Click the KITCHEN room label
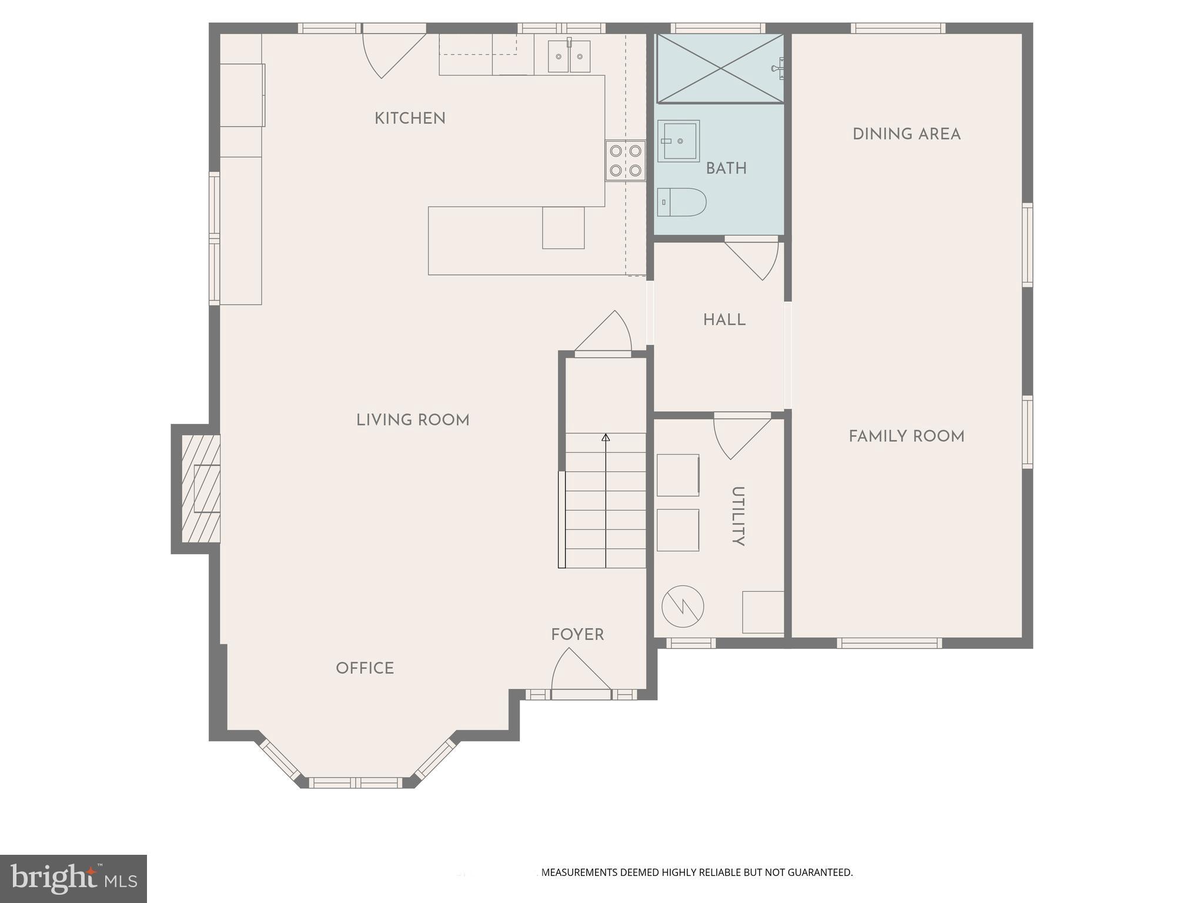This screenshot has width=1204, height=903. point(410,118)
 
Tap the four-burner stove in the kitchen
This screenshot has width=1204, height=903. point(625,160)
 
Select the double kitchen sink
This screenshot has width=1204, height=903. point(568,56)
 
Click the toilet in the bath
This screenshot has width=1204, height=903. point(681,202)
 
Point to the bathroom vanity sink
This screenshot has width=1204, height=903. point(678,141)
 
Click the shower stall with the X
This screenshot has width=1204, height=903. point(720,68)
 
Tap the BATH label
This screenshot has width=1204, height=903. point(726,169)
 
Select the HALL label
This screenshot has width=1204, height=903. point(724,320)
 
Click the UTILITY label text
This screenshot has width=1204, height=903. point(738,516)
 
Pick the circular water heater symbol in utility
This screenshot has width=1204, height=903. point(683,606)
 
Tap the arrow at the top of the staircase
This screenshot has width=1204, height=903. point(606,437)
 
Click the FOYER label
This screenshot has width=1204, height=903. point(577,635)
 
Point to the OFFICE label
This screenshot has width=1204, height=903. point(364,668)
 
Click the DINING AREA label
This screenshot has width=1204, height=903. point(906,134)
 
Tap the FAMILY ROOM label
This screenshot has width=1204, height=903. point(906,436)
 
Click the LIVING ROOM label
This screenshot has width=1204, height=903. point(413,420)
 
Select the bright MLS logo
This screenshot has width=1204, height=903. point(73,878)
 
